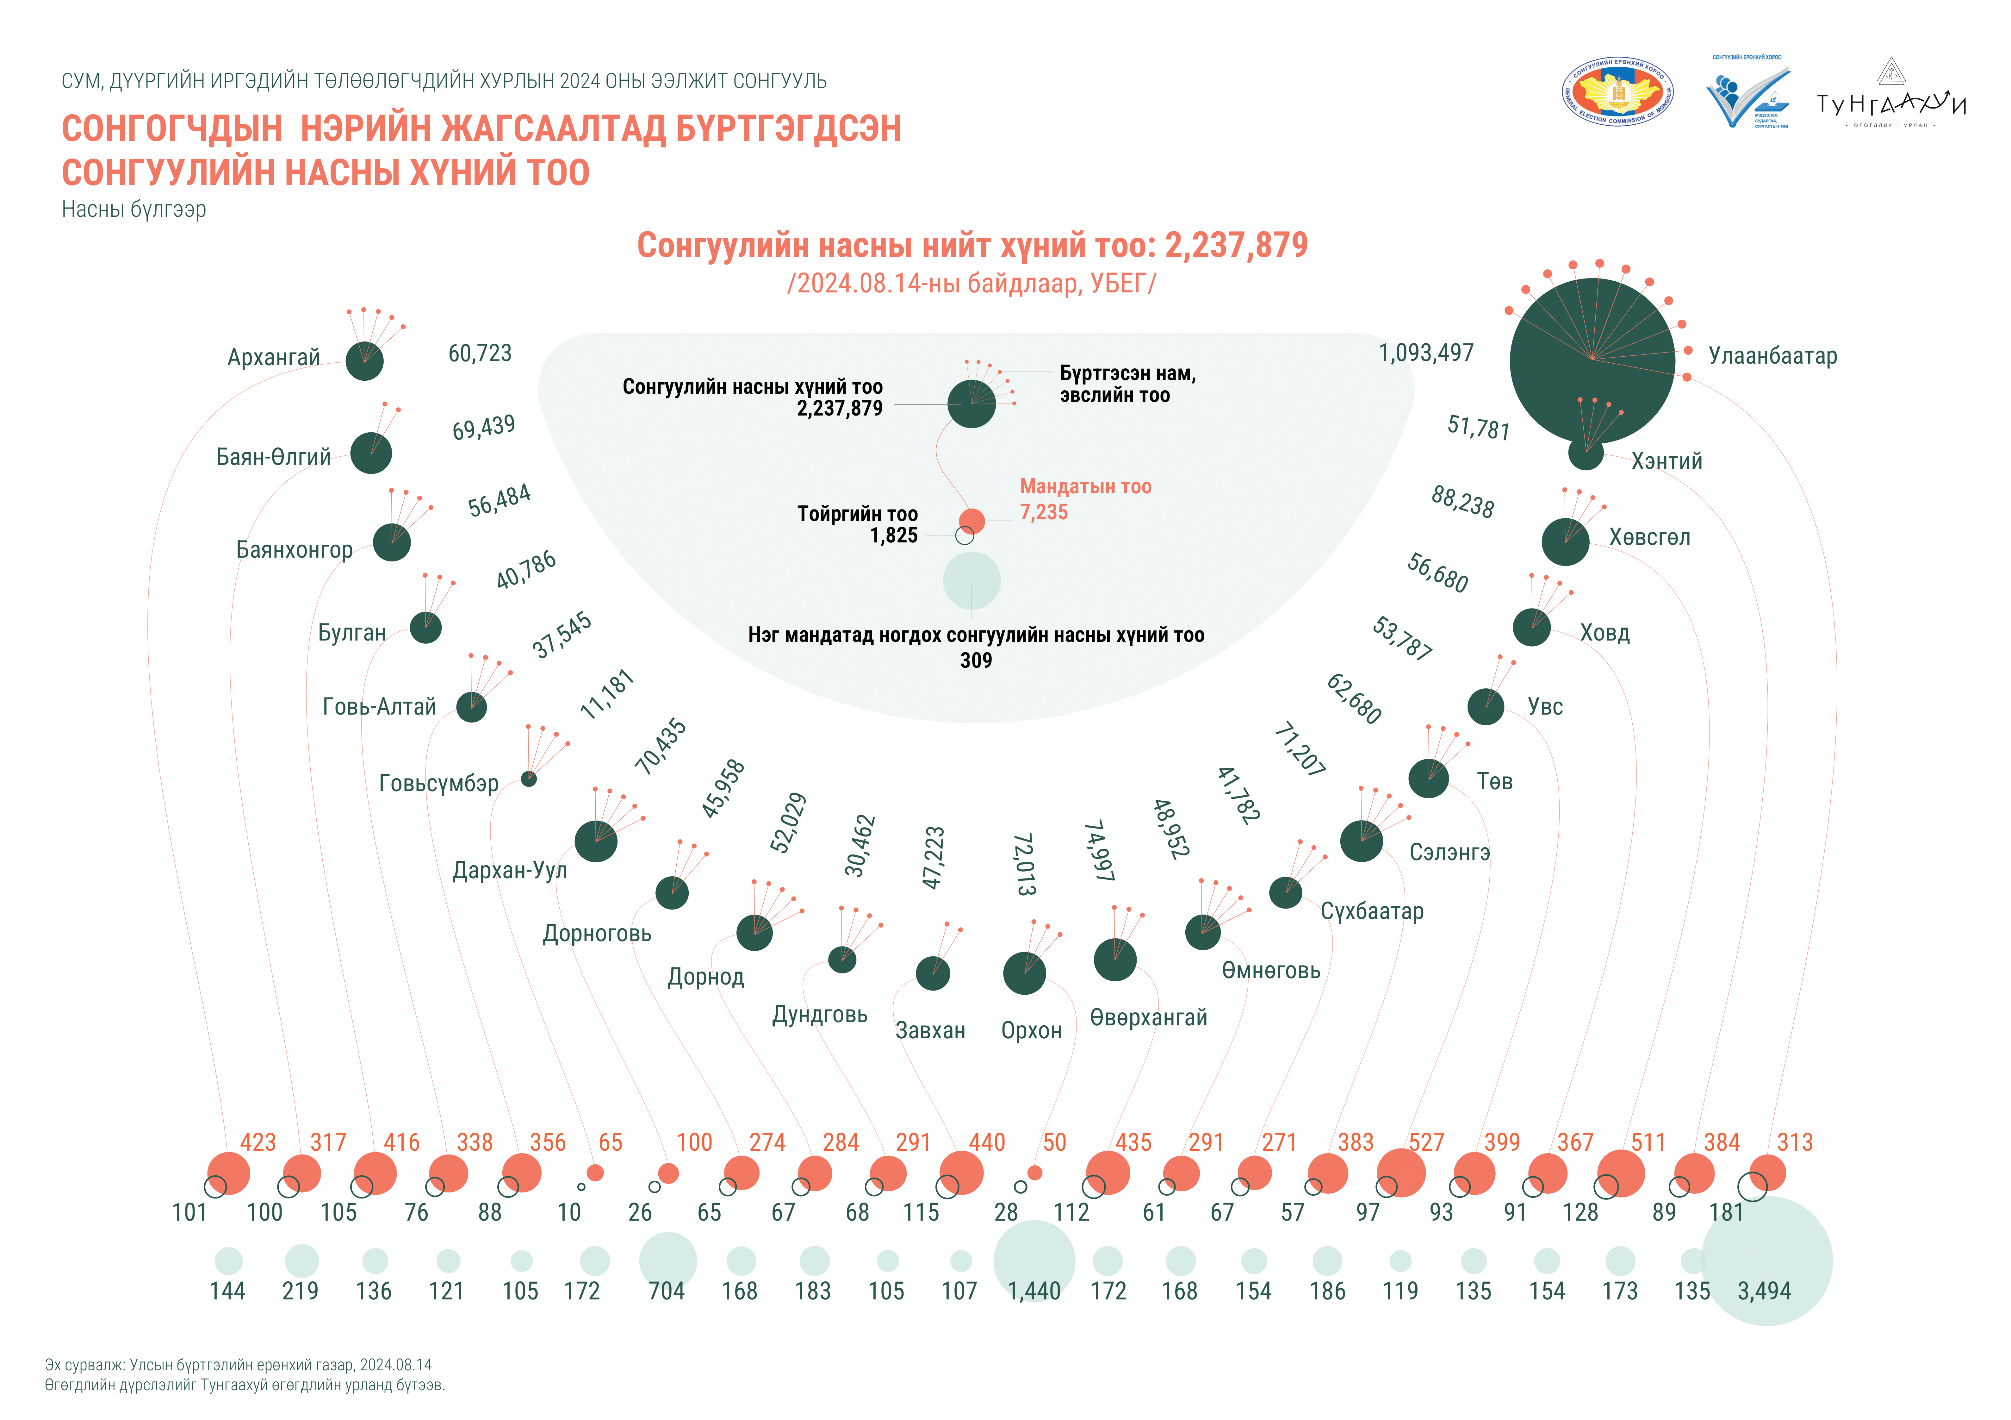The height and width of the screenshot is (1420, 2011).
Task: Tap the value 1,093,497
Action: click(x=1426, y=353)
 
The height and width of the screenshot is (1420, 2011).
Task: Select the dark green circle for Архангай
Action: click(x=364, y=361)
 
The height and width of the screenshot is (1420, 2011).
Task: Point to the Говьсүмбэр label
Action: click(x=438, y=783)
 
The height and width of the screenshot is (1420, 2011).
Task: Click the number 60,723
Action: click(x=479, y=353)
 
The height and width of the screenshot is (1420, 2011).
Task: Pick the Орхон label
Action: click(x=1031, y=1030)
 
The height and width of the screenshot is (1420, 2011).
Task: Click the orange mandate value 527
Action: click(x=1426, y=1142)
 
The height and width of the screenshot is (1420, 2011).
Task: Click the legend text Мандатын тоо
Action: click(x=1085, y=487)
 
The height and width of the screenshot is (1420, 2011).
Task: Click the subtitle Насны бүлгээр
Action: click(x=134, y=210)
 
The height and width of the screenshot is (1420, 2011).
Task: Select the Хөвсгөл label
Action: click(x=1649, y=537)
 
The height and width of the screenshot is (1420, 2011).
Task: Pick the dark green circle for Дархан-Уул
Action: click(x=596, y=841)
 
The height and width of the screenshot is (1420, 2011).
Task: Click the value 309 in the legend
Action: click(x=976, y=660)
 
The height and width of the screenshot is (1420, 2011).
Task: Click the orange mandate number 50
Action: click(x=1055, y=1142)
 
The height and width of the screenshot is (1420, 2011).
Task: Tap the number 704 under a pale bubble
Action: click(x=667, y=1291)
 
